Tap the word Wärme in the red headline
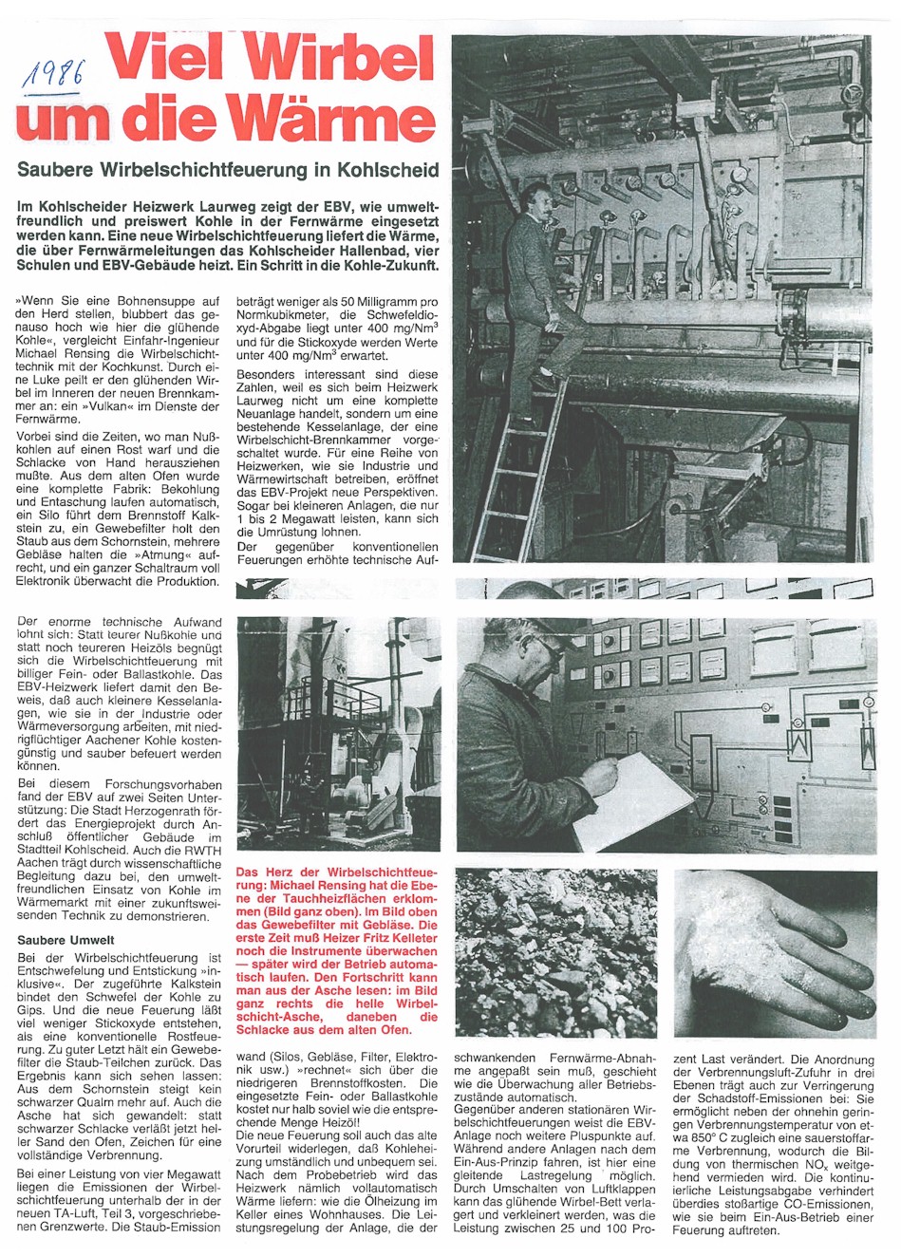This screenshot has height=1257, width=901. point(339,122)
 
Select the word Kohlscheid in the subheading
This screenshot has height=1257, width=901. point(391,170)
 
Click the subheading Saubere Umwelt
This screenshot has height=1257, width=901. point(66,940)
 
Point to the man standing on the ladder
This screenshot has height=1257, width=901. point(537,285)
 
